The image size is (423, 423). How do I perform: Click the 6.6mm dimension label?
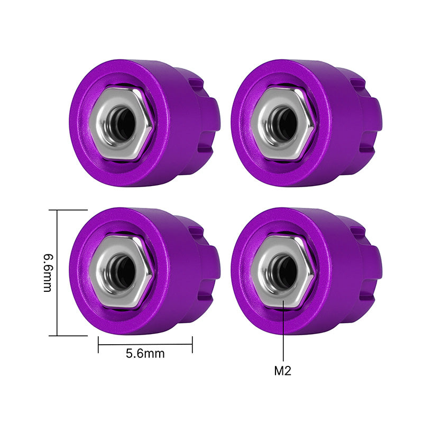[48, 272]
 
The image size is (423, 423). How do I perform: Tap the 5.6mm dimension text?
[145, 354]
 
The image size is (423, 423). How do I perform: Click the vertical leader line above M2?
[284, 333]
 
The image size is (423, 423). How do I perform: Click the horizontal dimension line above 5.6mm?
[145, 345]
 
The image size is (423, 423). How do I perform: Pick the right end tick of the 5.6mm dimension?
[192, 345]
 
